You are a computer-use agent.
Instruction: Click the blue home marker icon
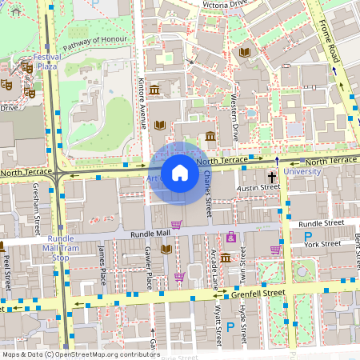click(x=180, y=173)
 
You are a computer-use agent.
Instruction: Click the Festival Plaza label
click(x=46, y=62)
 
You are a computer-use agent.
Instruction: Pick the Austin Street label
click(x=258, y=187)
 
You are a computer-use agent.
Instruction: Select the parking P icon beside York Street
click(x=308, y=236)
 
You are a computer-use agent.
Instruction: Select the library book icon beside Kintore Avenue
click(x=159, y=125)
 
